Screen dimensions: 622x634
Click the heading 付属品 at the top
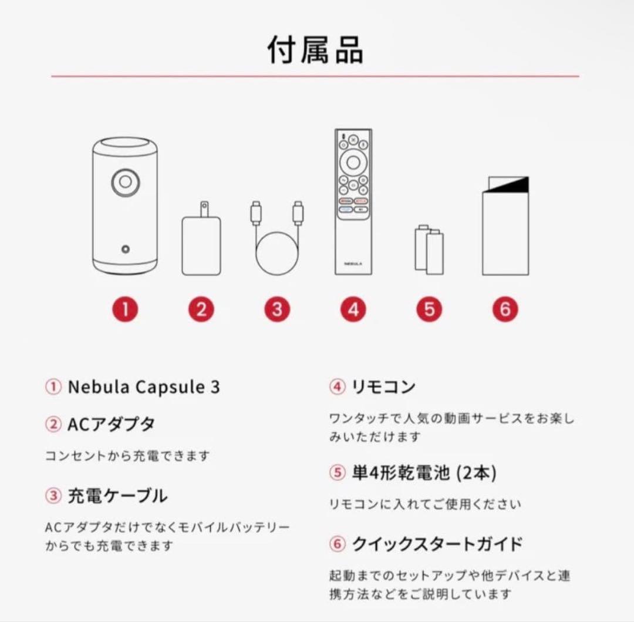point(315,49)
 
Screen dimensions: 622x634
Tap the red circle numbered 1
point(125,309)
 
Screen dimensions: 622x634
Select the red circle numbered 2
point(201,309)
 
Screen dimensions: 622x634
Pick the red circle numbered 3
point(277,309)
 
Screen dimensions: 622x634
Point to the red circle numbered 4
point(353,309)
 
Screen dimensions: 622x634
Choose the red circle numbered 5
point(429,309)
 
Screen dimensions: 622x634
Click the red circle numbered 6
point(505,309)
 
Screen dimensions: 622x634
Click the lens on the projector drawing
point(126,181)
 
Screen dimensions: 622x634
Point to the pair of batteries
point(429,250)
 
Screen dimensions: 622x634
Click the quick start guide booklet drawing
point(505,226)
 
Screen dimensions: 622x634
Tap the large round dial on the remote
point(353,162)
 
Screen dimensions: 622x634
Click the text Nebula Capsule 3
point(144,388)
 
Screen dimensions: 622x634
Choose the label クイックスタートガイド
point(437,544)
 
